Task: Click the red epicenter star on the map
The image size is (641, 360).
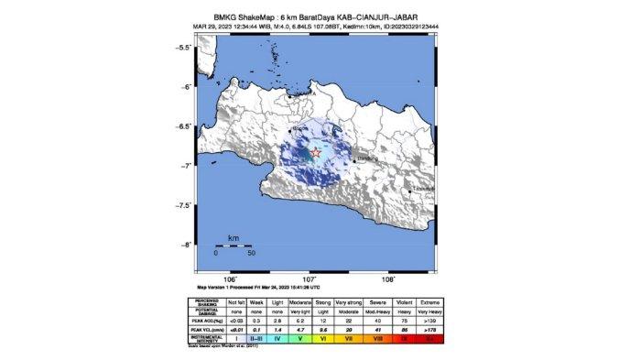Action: pos(316,152)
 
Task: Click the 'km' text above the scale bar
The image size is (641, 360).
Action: pos(233,236)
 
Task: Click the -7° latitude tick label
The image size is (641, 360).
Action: pos(183,166)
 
